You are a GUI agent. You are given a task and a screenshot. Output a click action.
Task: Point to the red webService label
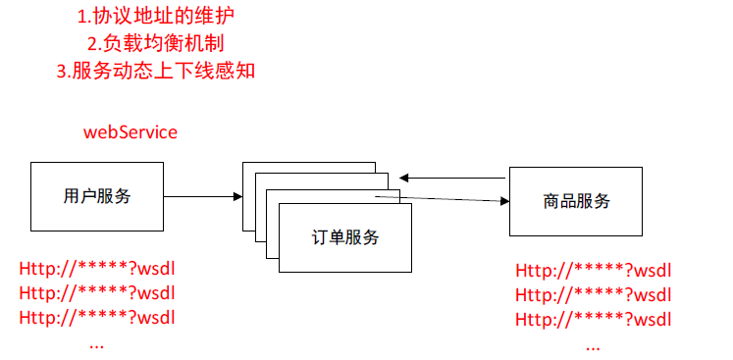pos(131,132)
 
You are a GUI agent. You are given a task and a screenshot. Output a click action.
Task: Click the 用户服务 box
pos(96,196)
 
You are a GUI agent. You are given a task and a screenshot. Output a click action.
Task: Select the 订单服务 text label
pos(345,236)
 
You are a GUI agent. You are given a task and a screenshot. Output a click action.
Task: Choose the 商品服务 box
pos(576,201)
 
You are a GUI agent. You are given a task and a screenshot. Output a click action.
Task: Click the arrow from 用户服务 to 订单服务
pos(202,197)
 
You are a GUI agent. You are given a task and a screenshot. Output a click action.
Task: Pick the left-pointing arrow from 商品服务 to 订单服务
pos(451,178)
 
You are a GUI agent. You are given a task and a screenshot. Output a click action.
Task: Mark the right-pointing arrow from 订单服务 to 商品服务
pos(442,200)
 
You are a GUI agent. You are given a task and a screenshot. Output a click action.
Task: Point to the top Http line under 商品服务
pos(594,271)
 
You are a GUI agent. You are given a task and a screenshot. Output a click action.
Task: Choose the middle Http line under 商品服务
pos(594,294)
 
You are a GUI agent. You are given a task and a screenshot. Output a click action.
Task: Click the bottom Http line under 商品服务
pos(594,319)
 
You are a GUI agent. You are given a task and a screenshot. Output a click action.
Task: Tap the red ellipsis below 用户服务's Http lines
pos(96,344)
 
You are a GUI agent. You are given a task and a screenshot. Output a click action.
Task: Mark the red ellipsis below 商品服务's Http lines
pos(593,346)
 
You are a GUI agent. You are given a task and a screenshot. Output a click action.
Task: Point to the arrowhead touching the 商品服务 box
pos(505,202)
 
